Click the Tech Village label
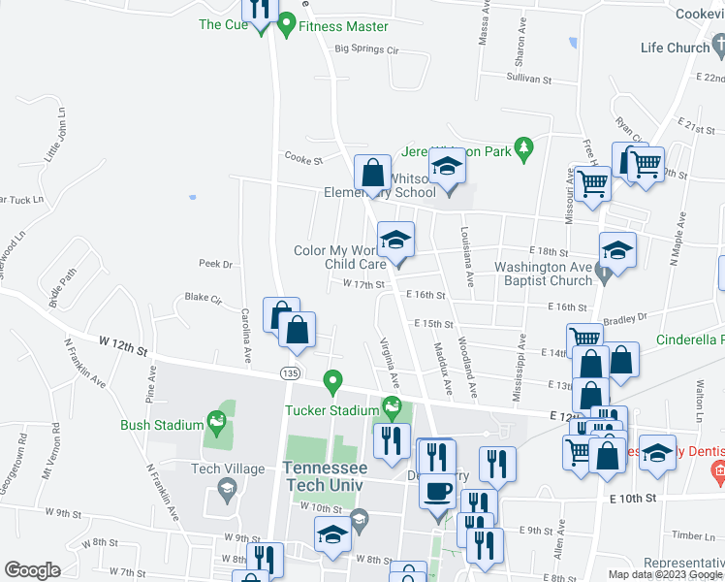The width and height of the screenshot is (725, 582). click(x=228, y=468)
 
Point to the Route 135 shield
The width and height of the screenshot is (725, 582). click(x=290, y=373)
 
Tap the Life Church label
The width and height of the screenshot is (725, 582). click(x=676, y=48)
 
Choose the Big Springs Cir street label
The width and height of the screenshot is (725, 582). click(x=367, y=49)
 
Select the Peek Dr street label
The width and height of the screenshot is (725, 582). click(x=215, y=264)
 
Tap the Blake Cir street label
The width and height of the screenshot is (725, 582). click(x=204, y=298)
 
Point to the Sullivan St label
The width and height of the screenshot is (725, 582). click(x=529, y=80)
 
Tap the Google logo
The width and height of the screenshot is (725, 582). click(x=32, y=569)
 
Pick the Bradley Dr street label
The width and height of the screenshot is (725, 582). click(x=624, y=317)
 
